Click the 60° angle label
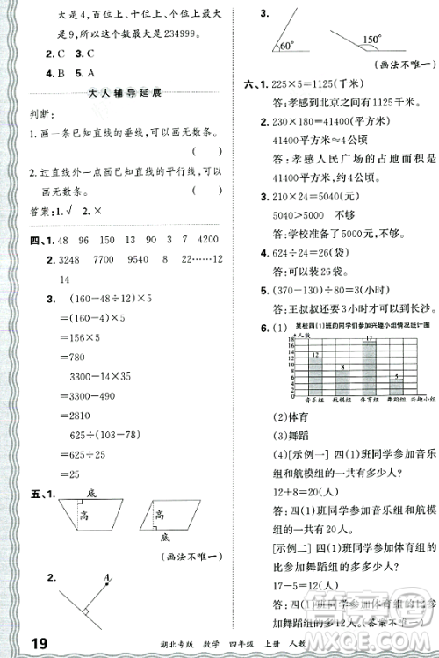coord(285,44)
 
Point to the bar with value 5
coord(399,384)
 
